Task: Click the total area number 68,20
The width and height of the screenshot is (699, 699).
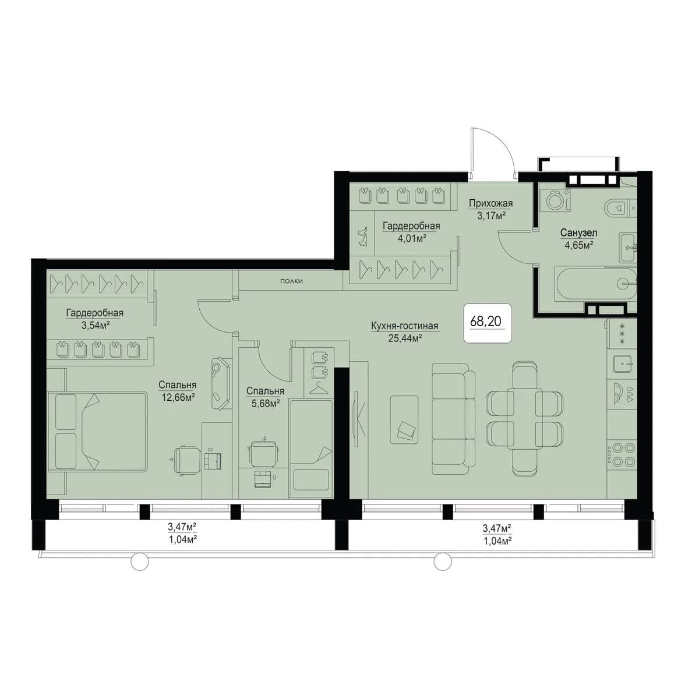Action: tap(486, 321)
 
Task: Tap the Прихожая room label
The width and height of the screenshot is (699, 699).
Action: tap(490, 203)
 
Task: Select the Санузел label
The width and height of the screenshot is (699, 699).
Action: tap(578, 232)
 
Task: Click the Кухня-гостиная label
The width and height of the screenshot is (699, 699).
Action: tap(405, 326)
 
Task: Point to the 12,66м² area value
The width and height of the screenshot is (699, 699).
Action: tap(178, 397)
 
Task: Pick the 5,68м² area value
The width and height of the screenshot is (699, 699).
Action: tap(266, 403)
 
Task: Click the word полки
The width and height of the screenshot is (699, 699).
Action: tap(291, 281)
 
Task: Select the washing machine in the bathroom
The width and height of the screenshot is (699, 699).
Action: tap(555, 200)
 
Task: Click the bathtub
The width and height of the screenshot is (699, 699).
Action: tap(595, 284)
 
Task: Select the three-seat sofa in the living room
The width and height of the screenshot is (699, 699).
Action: tap(453, 419)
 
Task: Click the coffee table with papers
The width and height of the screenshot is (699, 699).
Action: tap(404, 419)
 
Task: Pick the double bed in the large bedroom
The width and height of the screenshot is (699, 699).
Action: tap(97, 431)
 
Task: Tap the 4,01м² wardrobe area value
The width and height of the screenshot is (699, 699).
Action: tap(411, 238)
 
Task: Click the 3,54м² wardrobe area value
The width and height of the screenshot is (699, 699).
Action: tap(96, 324)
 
